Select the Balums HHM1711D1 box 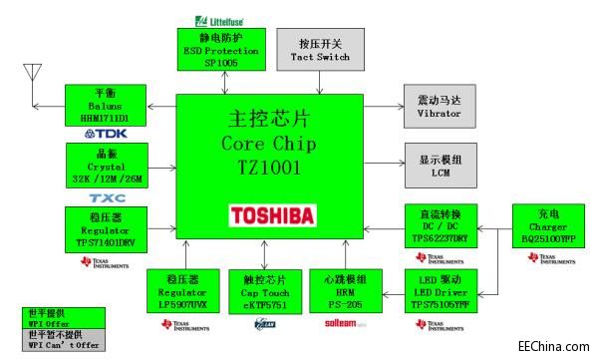(106, 106)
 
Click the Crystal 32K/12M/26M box (106, 164)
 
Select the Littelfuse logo (220, 20)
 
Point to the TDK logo (106, 134)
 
